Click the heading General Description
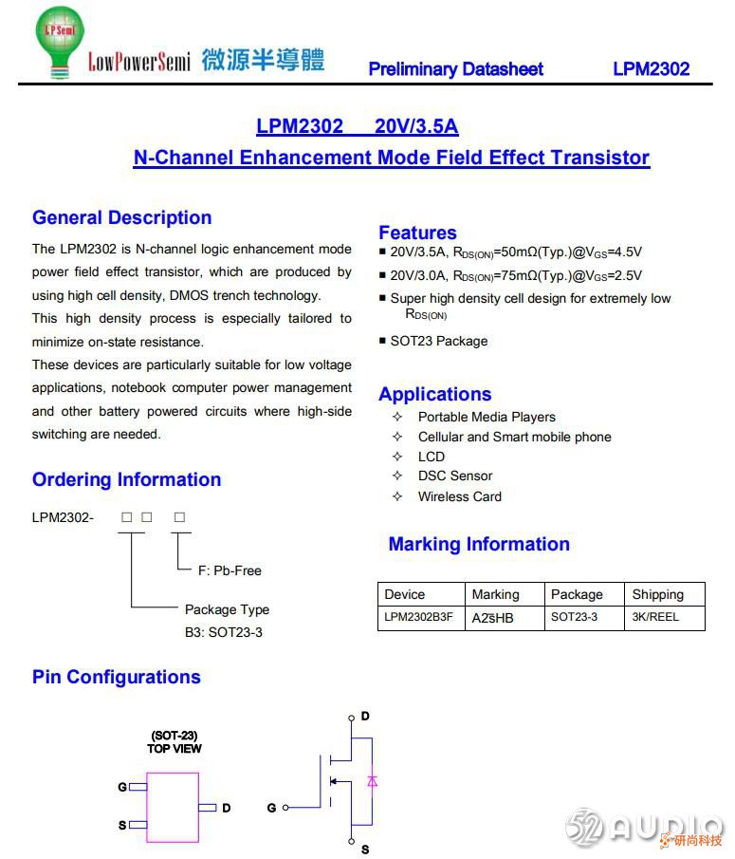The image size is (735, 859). pos(121,217)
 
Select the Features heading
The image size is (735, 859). pos(417,233)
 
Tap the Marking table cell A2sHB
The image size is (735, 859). pos(493,617)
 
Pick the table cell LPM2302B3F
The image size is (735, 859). pos(418,617)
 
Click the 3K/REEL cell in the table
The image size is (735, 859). pos(655,617)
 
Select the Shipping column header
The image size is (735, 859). pos(657,594)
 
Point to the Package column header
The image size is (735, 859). pos(577,594)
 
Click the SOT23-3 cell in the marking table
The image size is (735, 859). pos(574,617)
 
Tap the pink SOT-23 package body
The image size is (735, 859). pos(172,807)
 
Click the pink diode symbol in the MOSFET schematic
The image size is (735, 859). pos(372,781)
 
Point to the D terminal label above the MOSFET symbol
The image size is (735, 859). pos(365,716)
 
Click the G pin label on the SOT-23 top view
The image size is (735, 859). pos(122,787)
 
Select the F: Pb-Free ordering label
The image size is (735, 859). pos(229,570)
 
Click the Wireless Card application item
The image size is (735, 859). pos(459,496)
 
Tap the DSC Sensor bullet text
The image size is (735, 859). pos(454,476)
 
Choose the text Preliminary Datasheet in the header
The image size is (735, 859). pos(455,68)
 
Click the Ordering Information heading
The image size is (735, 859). pos(126,479)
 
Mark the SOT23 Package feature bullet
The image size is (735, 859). pos(438,341)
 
